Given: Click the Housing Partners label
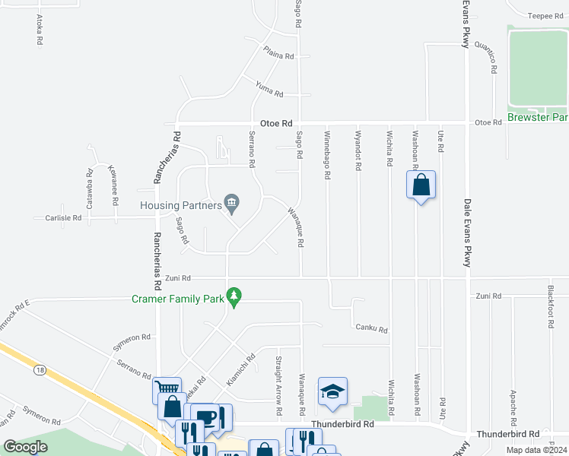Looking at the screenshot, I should [180, 205].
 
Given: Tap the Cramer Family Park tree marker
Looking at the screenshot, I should [235, 297].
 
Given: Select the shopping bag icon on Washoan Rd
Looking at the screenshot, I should [421, 185].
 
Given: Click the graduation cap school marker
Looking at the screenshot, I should [332, 391].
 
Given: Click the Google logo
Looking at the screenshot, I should [26, 447].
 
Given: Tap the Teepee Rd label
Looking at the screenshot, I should [544, 15].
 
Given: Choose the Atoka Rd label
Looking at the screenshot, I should [39, 31].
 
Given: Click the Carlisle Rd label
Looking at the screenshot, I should [57, 217].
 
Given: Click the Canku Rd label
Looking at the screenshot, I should [372, 329].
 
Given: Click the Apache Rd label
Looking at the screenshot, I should [514, 409].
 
